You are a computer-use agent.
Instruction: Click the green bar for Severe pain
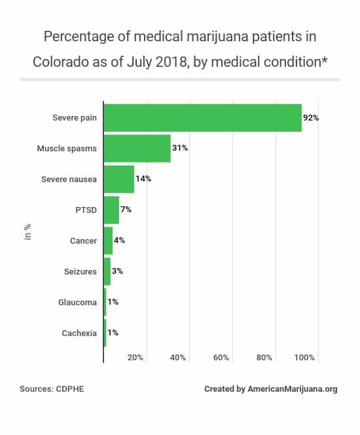(x=203, y=118)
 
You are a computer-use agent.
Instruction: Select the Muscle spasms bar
(x=137, y=149)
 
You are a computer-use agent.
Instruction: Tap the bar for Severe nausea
(x=119, y=179)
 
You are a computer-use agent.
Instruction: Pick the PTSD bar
(x=111, y=210)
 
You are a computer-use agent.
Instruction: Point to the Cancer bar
(x=108, y=240)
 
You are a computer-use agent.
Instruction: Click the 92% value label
(x=311, y=118)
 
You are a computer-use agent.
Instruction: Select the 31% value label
(x=180, y=149)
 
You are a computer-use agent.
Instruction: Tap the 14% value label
(x=143, y=179)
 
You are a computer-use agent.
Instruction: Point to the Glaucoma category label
(x=78, y=302)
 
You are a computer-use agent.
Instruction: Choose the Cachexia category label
(x=79, y=333)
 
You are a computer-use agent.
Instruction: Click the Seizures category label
(x=80, y=271)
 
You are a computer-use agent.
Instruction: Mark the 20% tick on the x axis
(x=135, y=358)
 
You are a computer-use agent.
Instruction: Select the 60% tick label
(x=221, y=358)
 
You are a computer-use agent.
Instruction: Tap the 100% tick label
(x=305, y=358)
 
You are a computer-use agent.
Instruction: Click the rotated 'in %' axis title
(x=28, y=232)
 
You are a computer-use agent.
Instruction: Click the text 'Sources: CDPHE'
(x=52, y=389)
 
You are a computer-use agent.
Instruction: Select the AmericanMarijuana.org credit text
(x=293, y=389)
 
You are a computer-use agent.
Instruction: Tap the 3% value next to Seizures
(x=117, y=271)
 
